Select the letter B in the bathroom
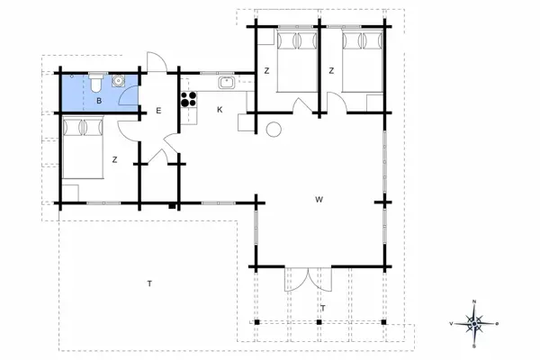point(99,101)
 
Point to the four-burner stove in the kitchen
point(189,98)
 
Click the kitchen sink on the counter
point(228,84)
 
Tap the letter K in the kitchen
point(220,110)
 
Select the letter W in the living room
point(319,199)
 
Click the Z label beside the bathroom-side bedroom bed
point(114,160)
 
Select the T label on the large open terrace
point(149,283)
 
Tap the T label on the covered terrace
point(321,308)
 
